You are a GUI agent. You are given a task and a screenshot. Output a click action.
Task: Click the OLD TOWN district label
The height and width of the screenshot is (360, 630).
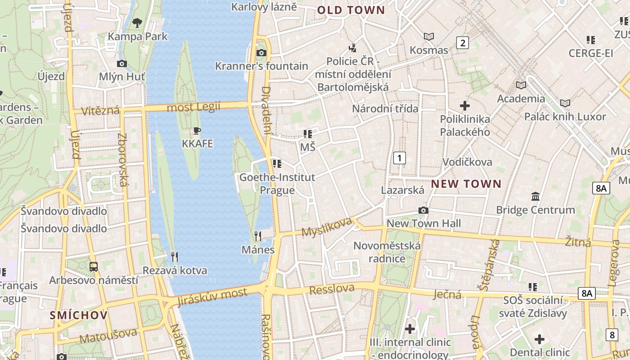click(351, 10)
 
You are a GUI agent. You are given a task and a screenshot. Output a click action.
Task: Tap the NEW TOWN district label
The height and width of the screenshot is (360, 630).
click(466, 184)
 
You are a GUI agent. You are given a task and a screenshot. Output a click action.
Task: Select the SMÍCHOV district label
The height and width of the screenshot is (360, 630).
click(79, 315)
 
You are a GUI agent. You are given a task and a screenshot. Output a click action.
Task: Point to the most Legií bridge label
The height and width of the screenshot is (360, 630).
click(193, 107)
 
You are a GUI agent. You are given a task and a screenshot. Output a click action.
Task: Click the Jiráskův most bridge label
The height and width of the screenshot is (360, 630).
click(212, 297)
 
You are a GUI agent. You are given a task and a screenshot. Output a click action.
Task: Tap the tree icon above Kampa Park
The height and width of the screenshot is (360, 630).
click(137, 22)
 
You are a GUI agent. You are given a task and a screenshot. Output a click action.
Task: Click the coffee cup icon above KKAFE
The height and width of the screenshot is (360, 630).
click(197, 131)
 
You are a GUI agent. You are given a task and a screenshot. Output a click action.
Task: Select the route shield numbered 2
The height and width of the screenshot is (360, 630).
click(462, 43)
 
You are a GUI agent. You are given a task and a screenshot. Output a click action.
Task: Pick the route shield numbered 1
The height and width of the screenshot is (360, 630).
click(399, 157)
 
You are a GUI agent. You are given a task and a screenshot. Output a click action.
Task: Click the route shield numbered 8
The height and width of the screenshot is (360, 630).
click(612, 334)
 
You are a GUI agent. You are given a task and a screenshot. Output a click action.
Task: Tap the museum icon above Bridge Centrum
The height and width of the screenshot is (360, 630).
click(535, 196)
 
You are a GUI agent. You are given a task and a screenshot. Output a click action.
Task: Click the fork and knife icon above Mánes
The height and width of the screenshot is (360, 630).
click(258, 236)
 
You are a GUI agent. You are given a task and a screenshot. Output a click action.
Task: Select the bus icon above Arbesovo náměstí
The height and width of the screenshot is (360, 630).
click(93, 266)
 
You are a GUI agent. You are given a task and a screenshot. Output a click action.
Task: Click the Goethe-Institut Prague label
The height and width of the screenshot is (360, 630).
click(277, 184)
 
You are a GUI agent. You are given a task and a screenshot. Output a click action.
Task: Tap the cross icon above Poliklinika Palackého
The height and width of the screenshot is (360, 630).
click(465, 106)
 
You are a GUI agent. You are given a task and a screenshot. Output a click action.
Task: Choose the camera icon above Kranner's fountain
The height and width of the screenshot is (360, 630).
click(261, 53)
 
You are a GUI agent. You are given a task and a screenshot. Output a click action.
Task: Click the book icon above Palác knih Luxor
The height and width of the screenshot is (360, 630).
click(565, 103)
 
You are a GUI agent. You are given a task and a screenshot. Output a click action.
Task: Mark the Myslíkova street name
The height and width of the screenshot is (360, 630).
click(326, 227)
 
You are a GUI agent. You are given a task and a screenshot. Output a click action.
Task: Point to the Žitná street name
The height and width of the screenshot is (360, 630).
click(578, 243)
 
